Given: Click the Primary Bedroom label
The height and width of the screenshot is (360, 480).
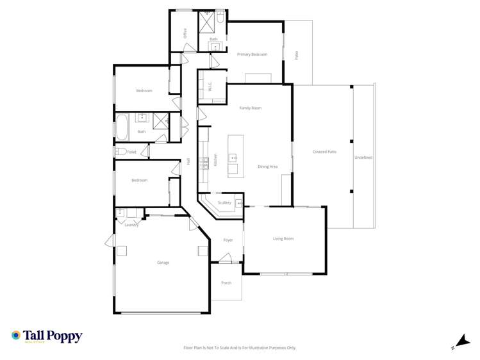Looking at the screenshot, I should pos(252,54).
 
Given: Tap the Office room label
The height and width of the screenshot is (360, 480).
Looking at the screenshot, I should pos(185,33).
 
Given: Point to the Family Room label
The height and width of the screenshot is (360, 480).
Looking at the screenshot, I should pos(251,108).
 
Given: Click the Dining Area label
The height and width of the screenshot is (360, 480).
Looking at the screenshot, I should pos(267,167).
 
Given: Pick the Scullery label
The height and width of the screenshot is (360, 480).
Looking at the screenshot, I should pos(224,202).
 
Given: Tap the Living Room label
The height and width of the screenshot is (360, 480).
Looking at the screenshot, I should pos(283,239).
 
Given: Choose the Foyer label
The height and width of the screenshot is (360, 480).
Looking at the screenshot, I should pos(228,240).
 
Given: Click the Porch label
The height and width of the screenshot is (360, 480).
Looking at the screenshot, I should pos(226,282).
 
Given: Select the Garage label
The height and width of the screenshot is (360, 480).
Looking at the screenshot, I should pos(163,263).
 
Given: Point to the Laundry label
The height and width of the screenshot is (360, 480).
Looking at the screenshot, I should pos(131,225).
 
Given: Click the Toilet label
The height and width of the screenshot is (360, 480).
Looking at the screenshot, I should pos(132,152).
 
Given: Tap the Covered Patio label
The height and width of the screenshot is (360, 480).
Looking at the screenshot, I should pos(324,152).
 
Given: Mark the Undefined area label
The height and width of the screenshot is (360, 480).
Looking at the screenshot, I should pos(363,157).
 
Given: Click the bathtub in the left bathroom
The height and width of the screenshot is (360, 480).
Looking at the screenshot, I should pos(122,127).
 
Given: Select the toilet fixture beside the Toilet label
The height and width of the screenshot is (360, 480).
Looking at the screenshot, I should pos(120,152).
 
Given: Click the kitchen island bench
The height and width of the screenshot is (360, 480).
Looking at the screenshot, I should pos(233,156).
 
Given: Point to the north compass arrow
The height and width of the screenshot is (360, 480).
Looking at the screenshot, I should pos(461,342).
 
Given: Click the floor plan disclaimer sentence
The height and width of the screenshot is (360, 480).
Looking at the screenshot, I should pos(240,348).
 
